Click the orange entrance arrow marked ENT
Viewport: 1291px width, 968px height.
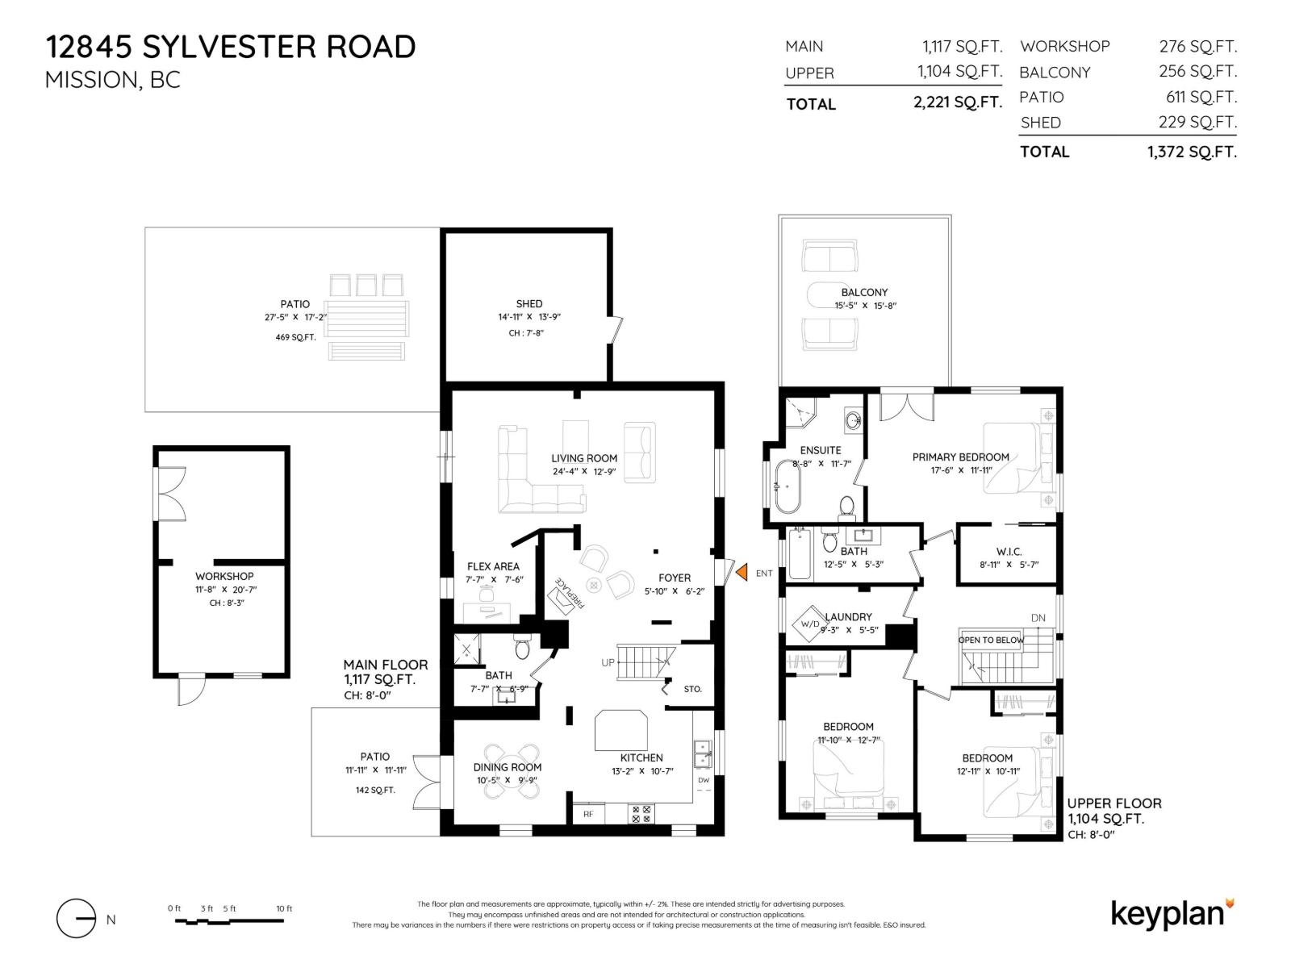click(741, 572)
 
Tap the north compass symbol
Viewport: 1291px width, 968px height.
click(77, 918)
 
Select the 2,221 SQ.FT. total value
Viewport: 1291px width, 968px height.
click(957, 102)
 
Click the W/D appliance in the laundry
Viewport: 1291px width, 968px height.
click(808, 624)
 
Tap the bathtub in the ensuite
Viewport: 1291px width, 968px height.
click(787, 486)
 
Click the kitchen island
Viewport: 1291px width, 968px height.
click(621, 730)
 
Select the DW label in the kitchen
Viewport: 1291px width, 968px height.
click(704, 780)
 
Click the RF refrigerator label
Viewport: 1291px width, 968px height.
click(588, 814)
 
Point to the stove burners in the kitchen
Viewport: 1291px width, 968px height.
click(641, 814)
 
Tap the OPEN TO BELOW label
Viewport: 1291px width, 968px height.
click(991, 640)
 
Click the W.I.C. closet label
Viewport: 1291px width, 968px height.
click(1009, 552)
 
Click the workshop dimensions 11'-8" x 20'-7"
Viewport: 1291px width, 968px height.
click(226, 590)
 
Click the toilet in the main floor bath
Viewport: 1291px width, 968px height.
click(521, 647)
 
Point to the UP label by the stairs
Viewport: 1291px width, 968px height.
click(608, 662)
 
